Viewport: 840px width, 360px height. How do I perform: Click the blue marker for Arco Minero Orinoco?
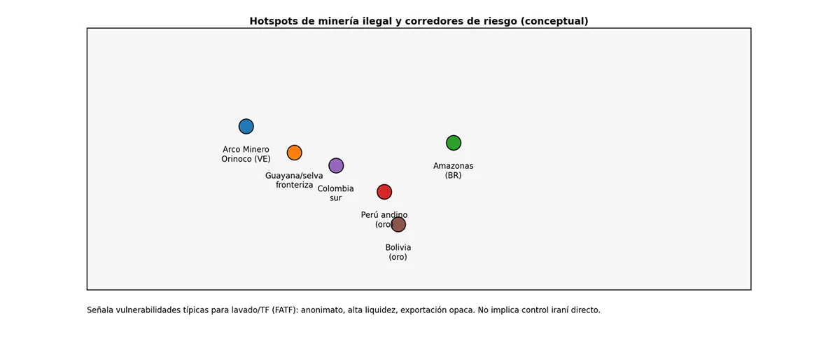246,126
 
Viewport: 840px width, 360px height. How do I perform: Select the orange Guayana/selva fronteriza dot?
294,153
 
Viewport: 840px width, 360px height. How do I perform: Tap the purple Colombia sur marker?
336,165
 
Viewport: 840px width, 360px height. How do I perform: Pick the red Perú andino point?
384,192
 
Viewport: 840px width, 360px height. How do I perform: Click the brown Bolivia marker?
398,224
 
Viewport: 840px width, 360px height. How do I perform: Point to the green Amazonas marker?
454,143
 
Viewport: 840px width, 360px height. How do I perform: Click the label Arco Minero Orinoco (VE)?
246,154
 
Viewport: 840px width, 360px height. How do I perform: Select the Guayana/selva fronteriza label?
294,180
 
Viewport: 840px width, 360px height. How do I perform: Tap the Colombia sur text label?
336,193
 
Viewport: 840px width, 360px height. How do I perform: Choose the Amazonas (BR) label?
454,171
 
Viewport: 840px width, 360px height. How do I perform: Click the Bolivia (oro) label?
398,252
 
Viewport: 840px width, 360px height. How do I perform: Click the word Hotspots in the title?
274,21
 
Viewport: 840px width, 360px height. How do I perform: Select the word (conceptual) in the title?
554,21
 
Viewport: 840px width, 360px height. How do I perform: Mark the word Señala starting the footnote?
101,310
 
